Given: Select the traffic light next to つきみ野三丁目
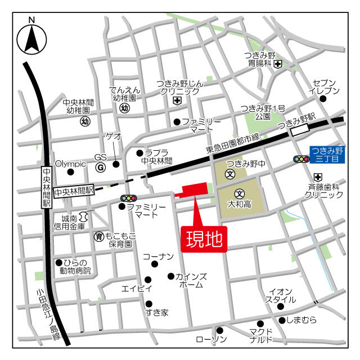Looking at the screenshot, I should tap(301, 159).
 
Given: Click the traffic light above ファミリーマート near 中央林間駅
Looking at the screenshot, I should tap(128, 198).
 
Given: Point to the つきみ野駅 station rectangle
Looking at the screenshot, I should tap(300, 129).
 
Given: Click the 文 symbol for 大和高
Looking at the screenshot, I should tap(238, 192).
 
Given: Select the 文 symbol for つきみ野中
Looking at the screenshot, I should tap(229, 174).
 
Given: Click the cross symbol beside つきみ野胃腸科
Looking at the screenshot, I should tap(278, 65).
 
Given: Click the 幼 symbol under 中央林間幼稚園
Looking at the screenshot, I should tap(85, 121).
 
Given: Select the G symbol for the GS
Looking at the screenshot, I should tap(101, 167).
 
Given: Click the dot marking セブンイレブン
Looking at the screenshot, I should tap(323, 99).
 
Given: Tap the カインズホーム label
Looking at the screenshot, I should tap(191, 281).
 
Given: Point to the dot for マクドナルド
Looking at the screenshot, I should tap(260, 323).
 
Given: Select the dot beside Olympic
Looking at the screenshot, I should tap(70, 172).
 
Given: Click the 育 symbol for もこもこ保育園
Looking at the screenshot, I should tap(98, 236).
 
